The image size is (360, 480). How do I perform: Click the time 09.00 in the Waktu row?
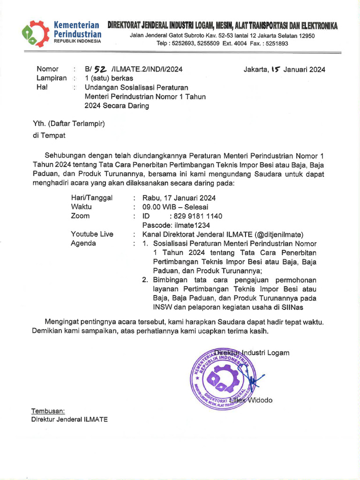point(153,207)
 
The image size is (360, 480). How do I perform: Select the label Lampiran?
point(52,78)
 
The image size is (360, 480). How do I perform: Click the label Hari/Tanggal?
point(91,198)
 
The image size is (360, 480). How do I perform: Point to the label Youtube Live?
point(92,234)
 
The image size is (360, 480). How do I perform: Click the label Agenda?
point(83,243)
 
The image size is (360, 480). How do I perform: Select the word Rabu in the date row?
point(151,198)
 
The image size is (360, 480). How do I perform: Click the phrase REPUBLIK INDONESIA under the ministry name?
point(77,41)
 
